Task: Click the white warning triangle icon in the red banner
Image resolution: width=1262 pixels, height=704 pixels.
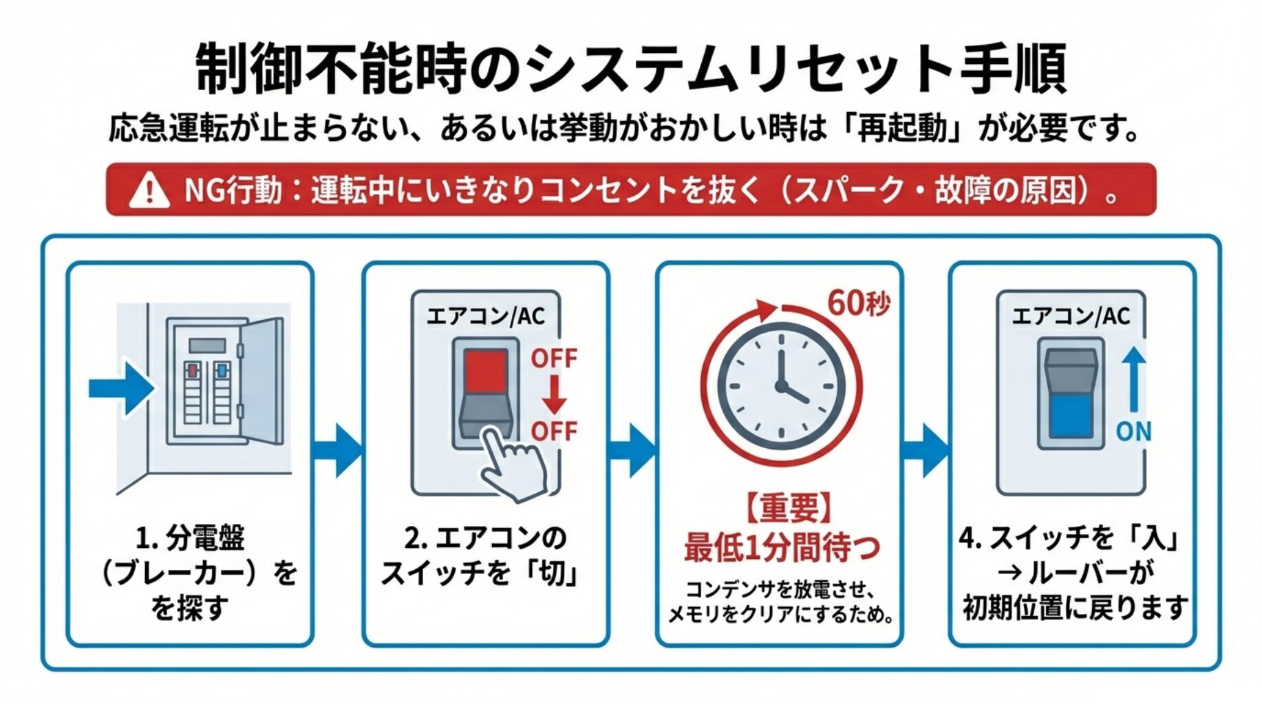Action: click(x=149, y=190)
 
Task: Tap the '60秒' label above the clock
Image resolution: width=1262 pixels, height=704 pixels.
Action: click(x=859, y=302)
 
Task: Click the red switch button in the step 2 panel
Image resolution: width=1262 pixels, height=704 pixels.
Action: click(x=486, y=371)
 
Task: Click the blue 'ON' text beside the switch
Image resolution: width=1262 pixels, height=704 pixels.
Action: click(x=1133, y=432)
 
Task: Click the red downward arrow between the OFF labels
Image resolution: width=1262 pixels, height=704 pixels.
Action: click(x=553, y=395)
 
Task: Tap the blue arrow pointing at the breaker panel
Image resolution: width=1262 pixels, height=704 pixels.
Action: click(x=121, y=388)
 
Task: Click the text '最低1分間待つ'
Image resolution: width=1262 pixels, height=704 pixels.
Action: click(x=782, y=548)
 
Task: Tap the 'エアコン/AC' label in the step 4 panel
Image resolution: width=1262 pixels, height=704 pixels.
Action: click(x=1071, y=316)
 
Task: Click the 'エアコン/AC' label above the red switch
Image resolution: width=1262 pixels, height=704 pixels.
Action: click(x=486, y=316)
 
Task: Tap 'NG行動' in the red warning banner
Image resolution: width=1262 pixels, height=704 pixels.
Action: click(x=233, y=190)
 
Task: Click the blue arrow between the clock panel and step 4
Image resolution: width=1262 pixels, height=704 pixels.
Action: click(x=924, y=451)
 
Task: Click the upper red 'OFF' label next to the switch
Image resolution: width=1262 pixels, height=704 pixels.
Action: click(x=553, y=358)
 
